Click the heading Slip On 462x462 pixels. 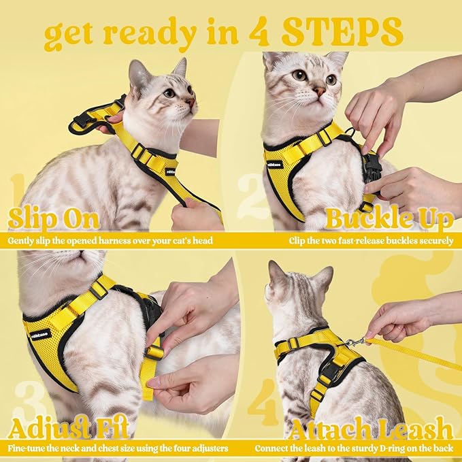pyautogui.click(x=54, y=218)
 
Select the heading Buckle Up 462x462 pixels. pyautogui.click(x=389, y=218)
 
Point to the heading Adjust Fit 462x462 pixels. pyautogui.click(x=67, y=429)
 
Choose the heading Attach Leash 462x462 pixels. pyautogui.click(x=371, y=429)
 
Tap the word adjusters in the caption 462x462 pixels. pyautogui.click(x=206, y=448)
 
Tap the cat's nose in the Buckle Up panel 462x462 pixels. pyautogui.click(x=318, y=90)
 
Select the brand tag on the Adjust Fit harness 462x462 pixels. pyautogui.click(x=41, y=333)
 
